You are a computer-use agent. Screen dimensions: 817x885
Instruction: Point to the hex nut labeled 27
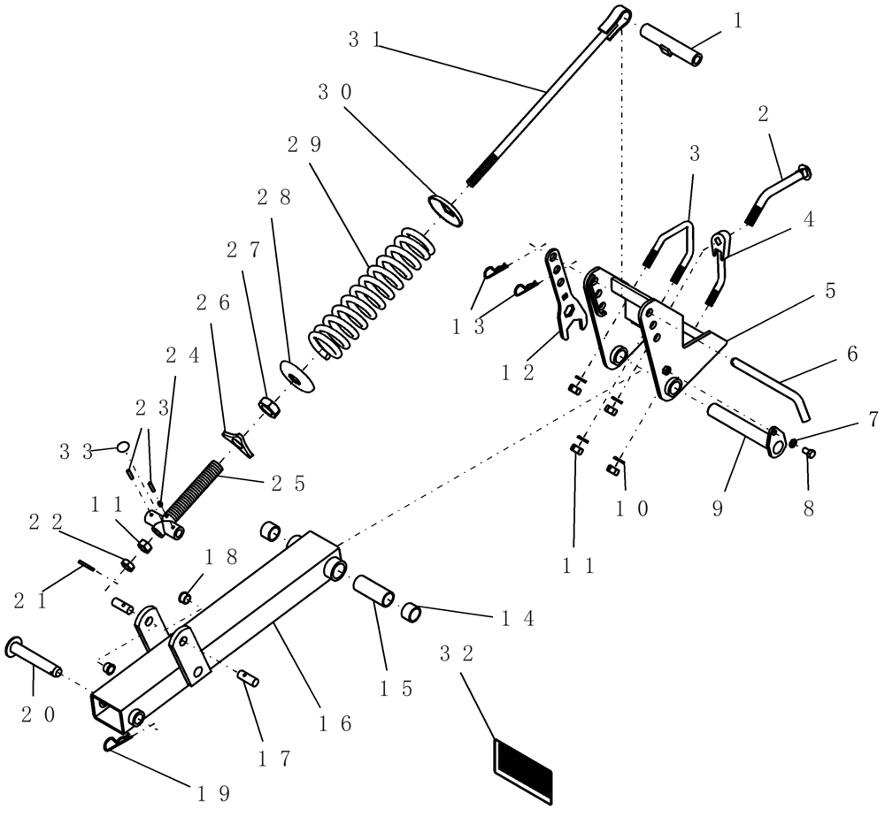[269, 407]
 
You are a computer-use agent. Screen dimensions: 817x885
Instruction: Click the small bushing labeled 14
[411, 611]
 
